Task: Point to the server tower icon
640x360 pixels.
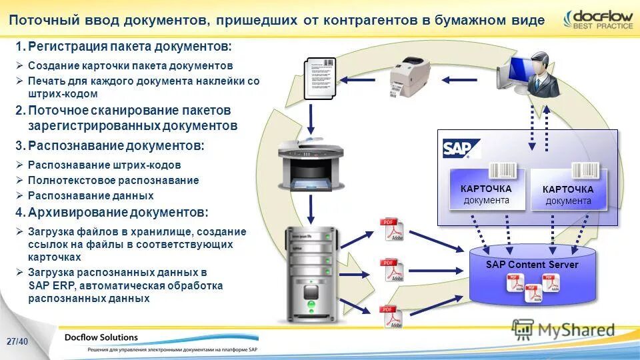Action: [x=310, y=273]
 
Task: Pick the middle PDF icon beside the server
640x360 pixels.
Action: [x=391, y=270]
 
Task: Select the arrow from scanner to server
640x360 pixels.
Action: [x=311, y=209]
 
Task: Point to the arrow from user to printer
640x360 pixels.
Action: [x=459, y=80]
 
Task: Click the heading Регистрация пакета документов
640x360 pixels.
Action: [x=130, y=47]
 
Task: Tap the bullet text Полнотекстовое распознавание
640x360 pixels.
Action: [x=113, y=180]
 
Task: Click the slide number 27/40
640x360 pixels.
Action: [x=18, y=341]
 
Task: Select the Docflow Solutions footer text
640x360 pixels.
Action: [x=101, y=337]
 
